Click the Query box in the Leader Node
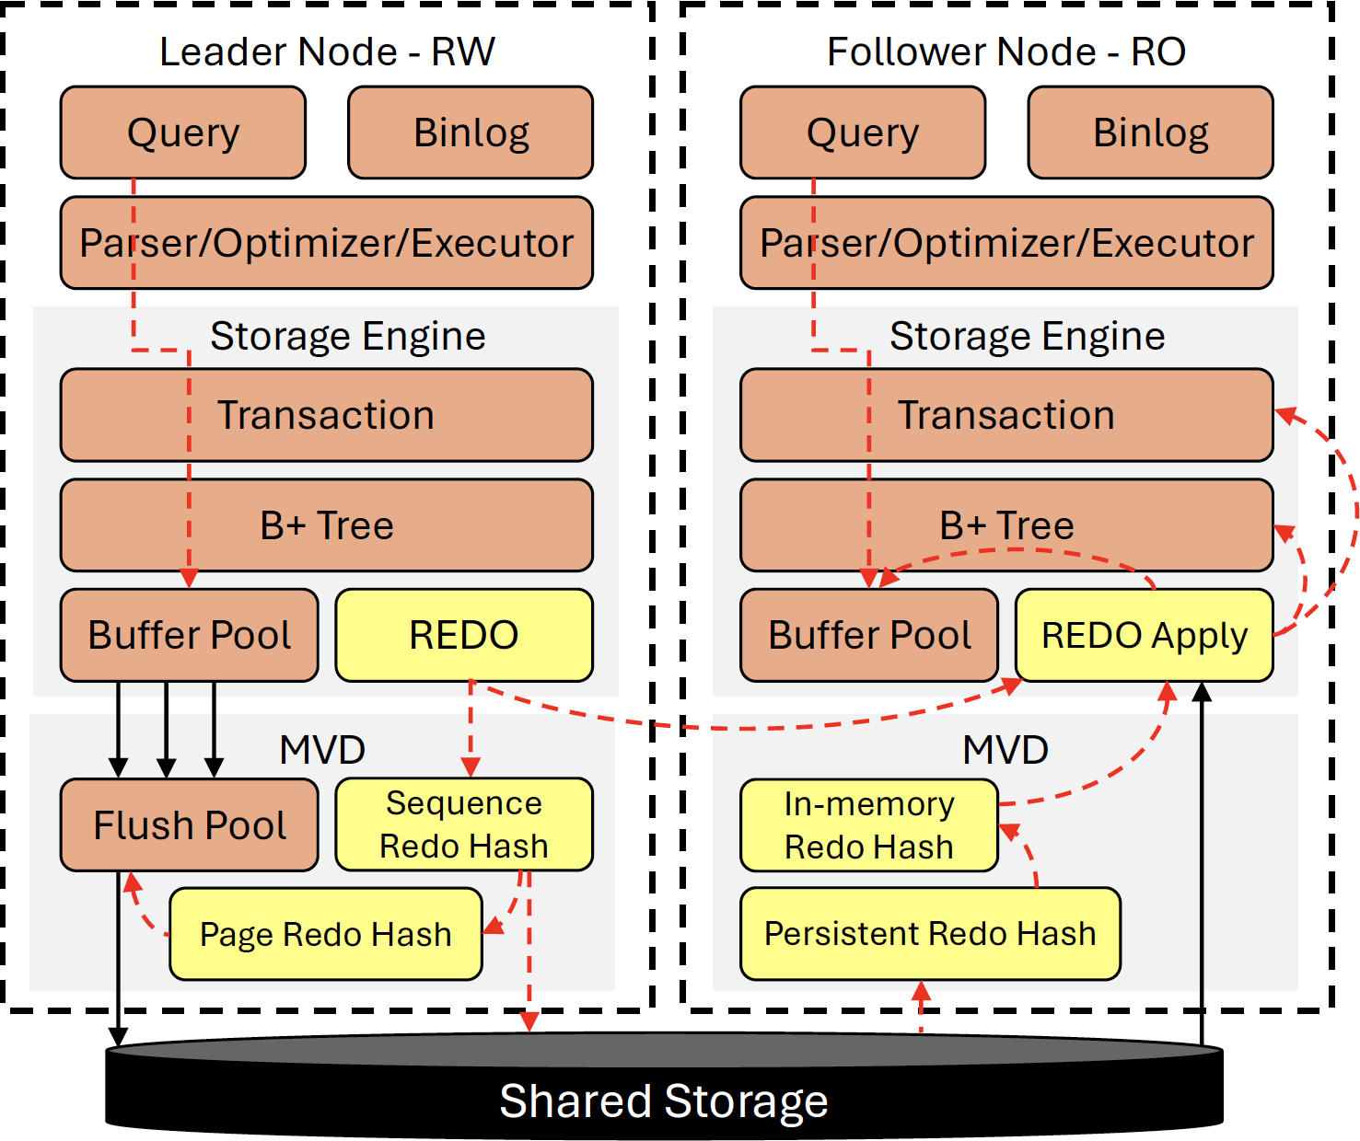point(182,133)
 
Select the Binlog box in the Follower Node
point(1150,133)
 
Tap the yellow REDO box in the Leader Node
point(463,635)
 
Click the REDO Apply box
point(1144,635)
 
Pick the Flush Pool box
point(189,824)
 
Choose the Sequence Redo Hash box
point(463,824)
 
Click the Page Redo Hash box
point(325,934)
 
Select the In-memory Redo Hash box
point(868,825)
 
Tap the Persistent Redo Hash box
point(930,934)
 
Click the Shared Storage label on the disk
point(663,1101)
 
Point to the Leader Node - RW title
point(327,52)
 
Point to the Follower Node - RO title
point(1005,52)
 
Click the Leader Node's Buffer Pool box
point(189,635)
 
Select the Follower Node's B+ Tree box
point(1006,525)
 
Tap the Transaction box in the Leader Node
point(326,415)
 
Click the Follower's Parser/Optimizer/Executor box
point(1006,243)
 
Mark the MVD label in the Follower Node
point(1005,750)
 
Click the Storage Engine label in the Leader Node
point(347,336)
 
